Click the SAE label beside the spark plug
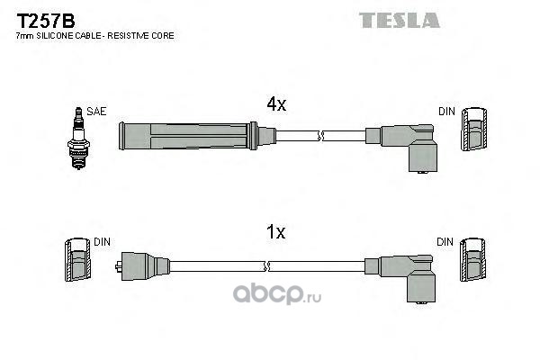(97, 111)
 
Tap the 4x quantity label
(276, 104)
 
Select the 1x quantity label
(276, 232)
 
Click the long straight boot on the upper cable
(189, 137)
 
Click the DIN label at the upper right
(446, 111)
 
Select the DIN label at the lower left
(101, 242)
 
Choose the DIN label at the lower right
(446, 241)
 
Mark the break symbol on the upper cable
(320, 137)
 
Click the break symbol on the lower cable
(266, 265)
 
